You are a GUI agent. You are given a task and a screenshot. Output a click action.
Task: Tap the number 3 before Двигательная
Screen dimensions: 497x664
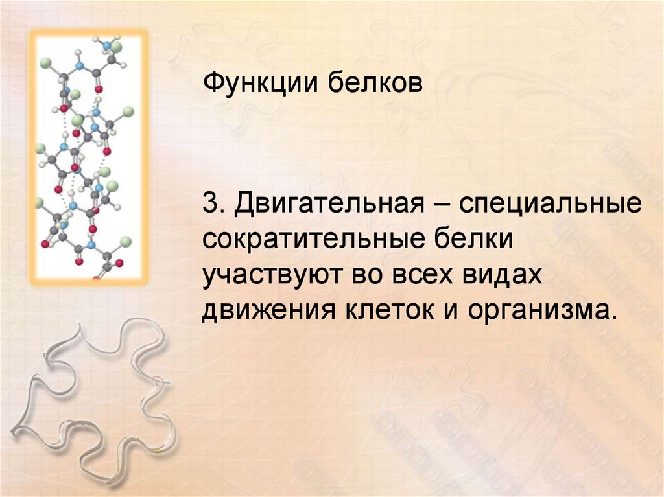click(x=210, y=205)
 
